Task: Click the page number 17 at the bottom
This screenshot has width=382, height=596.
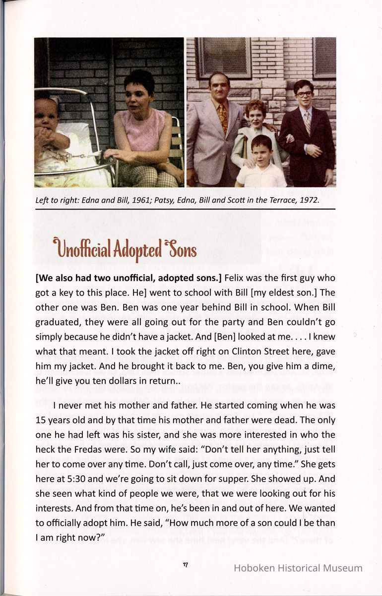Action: point(186,565)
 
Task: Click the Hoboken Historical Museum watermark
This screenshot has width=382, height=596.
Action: point(298,568)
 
